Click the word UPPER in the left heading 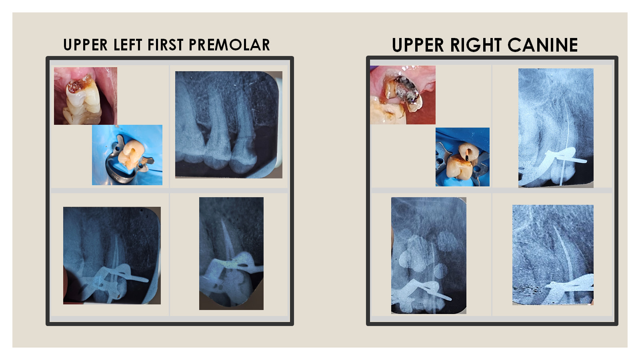coord(86,45)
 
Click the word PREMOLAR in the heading coord(229,45)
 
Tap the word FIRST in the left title coord(165,45)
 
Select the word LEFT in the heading coord(128,45)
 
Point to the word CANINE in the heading coord(542,45)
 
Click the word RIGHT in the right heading coord(476,45)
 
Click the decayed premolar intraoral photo coord(86,96)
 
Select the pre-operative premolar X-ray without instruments coord(228,124)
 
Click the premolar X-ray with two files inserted coord(112,256)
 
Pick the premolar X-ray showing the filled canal coord(231,254)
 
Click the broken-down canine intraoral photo coord(402,95)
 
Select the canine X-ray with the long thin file coord(556,128)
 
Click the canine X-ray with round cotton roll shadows coord(428,256)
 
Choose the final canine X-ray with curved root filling coord(552,255)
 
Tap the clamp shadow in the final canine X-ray coord(568,287)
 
